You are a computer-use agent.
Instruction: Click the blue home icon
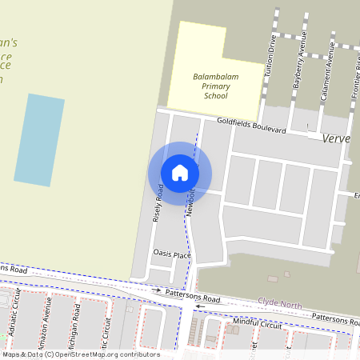coord(180,173)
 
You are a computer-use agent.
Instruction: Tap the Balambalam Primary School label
coord(210,86)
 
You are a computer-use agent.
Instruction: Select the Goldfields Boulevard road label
coord(251,126)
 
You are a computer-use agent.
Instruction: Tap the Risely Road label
coord(158,203)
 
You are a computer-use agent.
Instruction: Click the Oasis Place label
coord(171,254)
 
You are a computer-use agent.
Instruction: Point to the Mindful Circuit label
coord(258,325)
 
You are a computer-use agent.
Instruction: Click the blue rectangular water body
coord(38,140)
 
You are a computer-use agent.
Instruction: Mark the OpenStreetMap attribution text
coord(80,354)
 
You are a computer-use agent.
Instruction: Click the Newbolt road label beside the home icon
coord(191,202)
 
